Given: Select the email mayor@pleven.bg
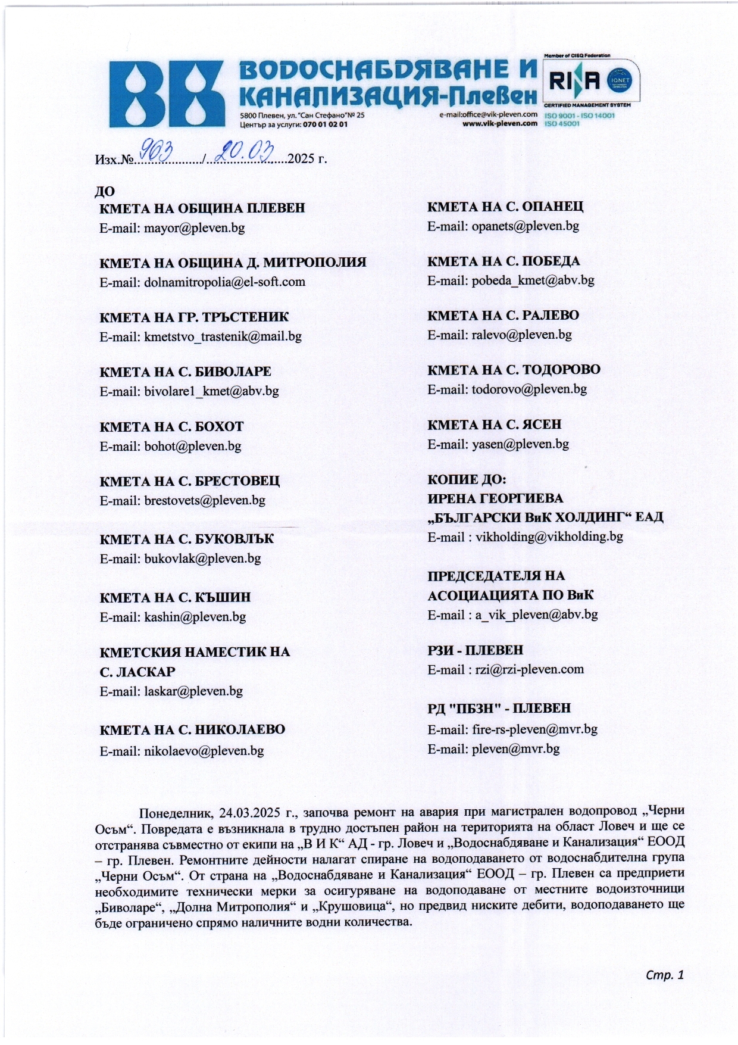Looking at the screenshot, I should (194, 228).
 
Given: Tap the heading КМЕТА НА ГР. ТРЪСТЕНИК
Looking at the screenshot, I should (194, 317).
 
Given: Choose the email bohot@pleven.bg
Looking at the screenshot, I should (192, 446).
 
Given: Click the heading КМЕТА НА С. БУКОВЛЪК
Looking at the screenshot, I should (187, 539).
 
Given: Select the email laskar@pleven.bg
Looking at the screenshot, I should (193, 691).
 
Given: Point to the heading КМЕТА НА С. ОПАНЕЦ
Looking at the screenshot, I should (505, 207).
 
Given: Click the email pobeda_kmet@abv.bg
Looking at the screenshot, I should (533, 280).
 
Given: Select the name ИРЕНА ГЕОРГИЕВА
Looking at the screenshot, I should (495, 498).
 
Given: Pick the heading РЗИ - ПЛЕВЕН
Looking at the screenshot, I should (476, 650).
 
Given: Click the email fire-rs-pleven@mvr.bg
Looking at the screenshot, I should (534, 729).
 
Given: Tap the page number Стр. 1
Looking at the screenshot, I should (665, 975).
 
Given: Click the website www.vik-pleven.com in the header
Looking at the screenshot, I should (500, 124).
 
